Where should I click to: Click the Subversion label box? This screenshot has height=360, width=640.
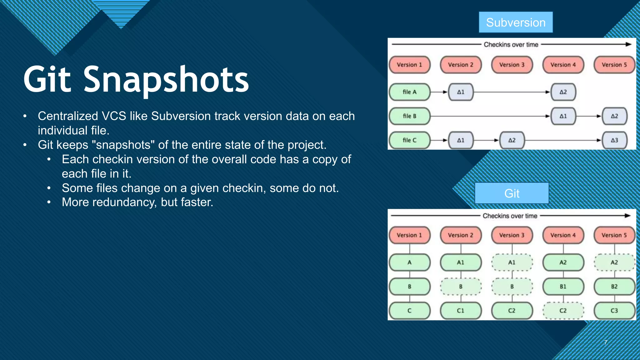[x=516, y=22]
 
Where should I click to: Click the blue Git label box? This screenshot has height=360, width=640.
[x=512, y=193]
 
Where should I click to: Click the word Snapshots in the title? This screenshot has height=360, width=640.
[x=166, y=80]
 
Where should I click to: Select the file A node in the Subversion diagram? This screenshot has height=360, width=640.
[x=409, y=92]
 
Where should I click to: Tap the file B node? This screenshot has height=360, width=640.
[x=409, y=116]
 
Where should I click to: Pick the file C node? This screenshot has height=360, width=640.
[x=409, y=140]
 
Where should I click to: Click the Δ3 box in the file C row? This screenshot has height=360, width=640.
[x=614, y=140]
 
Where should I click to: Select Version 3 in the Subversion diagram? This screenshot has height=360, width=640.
[x=512, y=65]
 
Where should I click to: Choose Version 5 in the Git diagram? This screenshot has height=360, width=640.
[x=614, y=235]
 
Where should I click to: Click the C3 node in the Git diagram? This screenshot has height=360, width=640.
[x=614, y=311]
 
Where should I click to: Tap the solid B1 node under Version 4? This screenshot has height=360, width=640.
[x=563, y=287]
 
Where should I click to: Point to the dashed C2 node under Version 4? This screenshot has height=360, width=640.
[x=563, y=311]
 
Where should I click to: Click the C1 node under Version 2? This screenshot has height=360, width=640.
[x=461, y=311]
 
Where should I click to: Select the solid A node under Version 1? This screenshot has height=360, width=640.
[x=409, y=262]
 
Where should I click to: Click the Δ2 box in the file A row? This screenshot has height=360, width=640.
[x=563, y=92]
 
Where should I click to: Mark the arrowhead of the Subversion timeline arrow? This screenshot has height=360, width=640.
[x=629, y=44]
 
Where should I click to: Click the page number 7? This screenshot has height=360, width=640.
[x=605, y=342]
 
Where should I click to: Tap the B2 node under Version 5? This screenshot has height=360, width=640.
[x=614, y=287]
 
